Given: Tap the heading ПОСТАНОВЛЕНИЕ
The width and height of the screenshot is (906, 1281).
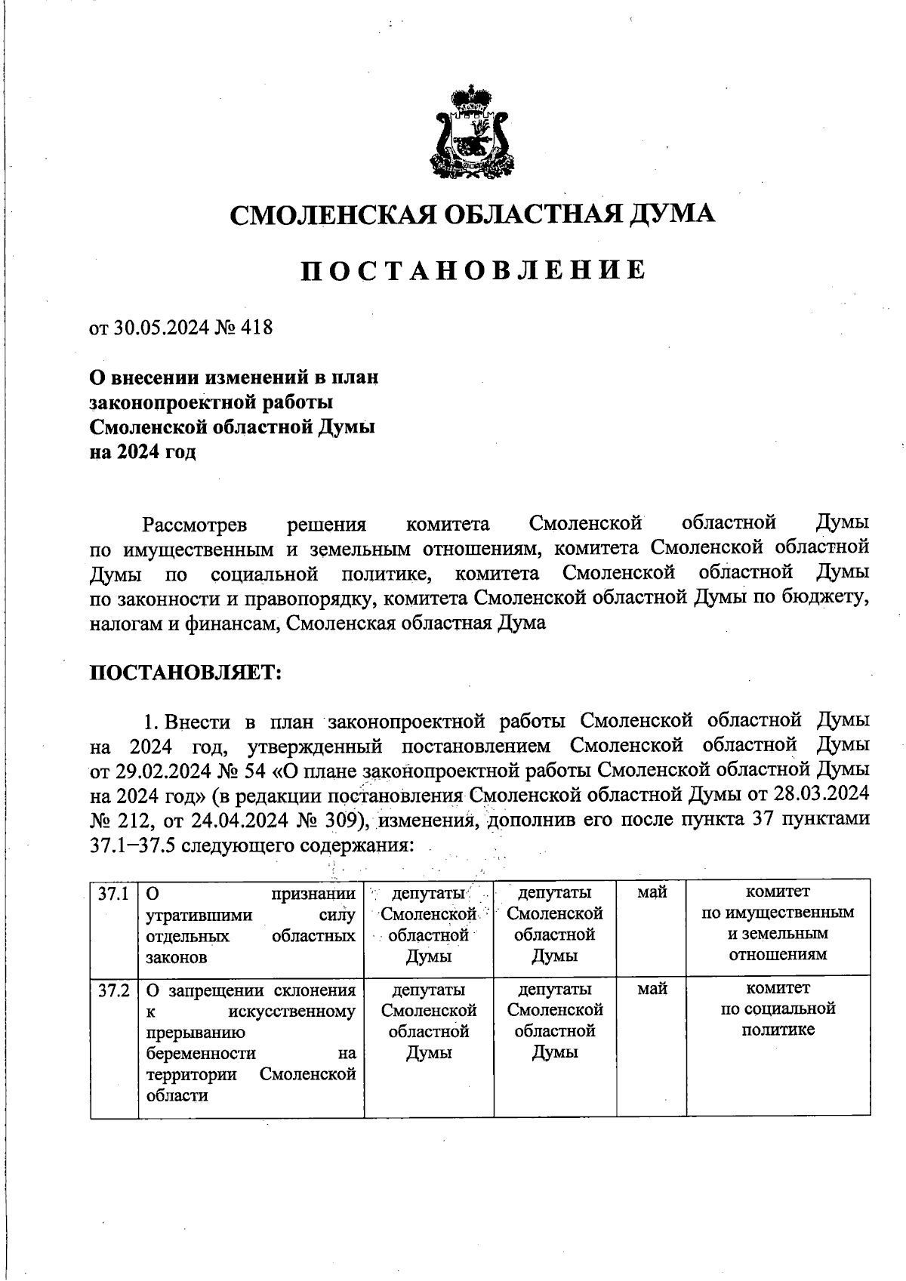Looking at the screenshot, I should pyautogui.click(x=473, y=270).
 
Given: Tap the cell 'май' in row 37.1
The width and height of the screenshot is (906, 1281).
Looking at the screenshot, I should pyautogui.click(x=651, y=893).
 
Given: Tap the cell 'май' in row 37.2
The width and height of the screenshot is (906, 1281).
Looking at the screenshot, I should pyautogui.click(x=651, y=989).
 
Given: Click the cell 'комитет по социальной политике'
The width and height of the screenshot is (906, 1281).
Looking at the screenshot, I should pyautogui.click(x=778, y=1009).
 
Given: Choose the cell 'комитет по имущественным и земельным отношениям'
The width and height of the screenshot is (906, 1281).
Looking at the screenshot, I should pyautogui.click(x=778, y=923).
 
